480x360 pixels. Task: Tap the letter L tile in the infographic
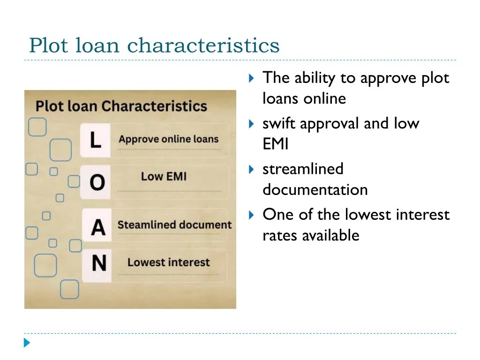96,140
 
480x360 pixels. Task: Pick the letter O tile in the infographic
97,182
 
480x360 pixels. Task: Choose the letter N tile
98,263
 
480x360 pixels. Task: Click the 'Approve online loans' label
169,139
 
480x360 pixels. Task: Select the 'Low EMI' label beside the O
164,177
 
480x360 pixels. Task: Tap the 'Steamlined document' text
174,225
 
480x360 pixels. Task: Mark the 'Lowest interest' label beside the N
168,262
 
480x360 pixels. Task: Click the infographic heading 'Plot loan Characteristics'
121,105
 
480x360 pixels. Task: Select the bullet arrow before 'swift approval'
251,124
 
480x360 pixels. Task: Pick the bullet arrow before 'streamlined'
251,169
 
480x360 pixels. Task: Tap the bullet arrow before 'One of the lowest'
251,215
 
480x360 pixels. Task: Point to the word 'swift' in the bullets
279,124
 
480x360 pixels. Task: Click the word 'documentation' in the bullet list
315,190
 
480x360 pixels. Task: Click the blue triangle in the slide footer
27,343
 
